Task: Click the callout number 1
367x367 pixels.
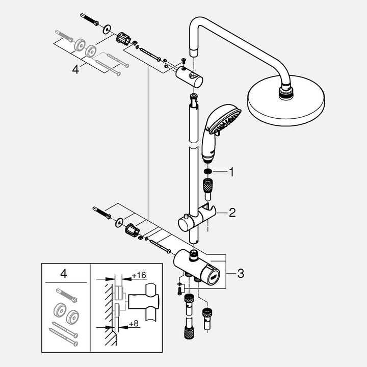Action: [x=231, y=172]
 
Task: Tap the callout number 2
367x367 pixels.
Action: [x=232, y=213]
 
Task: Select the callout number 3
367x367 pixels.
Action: [x=240, y=274]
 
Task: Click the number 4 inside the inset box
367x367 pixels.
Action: [x=64, y=274]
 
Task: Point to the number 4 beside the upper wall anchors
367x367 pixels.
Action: [x=75, y=69]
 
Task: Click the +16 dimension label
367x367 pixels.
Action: [x=139, y=275]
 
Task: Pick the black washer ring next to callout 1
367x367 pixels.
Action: [x=207, y=172]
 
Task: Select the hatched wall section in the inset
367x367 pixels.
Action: [x=108, y=306]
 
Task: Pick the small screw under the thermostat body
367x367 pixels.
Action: [x=179, y=291]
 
